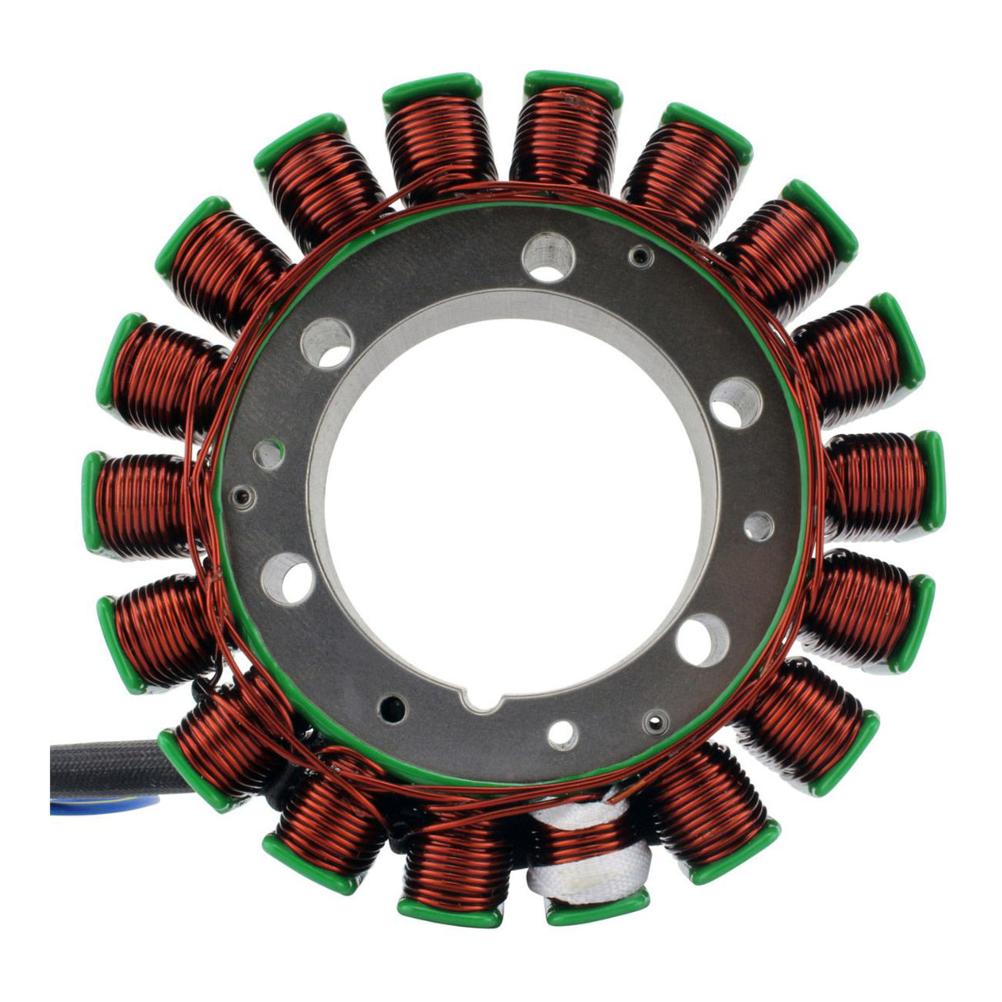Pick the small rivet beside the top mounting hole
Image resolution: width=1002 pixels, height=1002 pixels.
point(637,257)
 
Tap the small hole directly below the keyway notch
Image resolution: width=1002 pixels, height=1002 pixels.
point(563,734)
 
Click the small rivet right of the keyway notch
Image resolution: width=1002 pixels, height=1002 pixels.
point(655,717)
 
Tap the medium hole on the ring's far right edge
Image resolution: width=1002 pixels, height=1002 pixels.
point(759,526)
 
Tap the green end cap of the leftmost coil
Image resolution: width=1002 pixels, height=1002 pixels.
point(91,502)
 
